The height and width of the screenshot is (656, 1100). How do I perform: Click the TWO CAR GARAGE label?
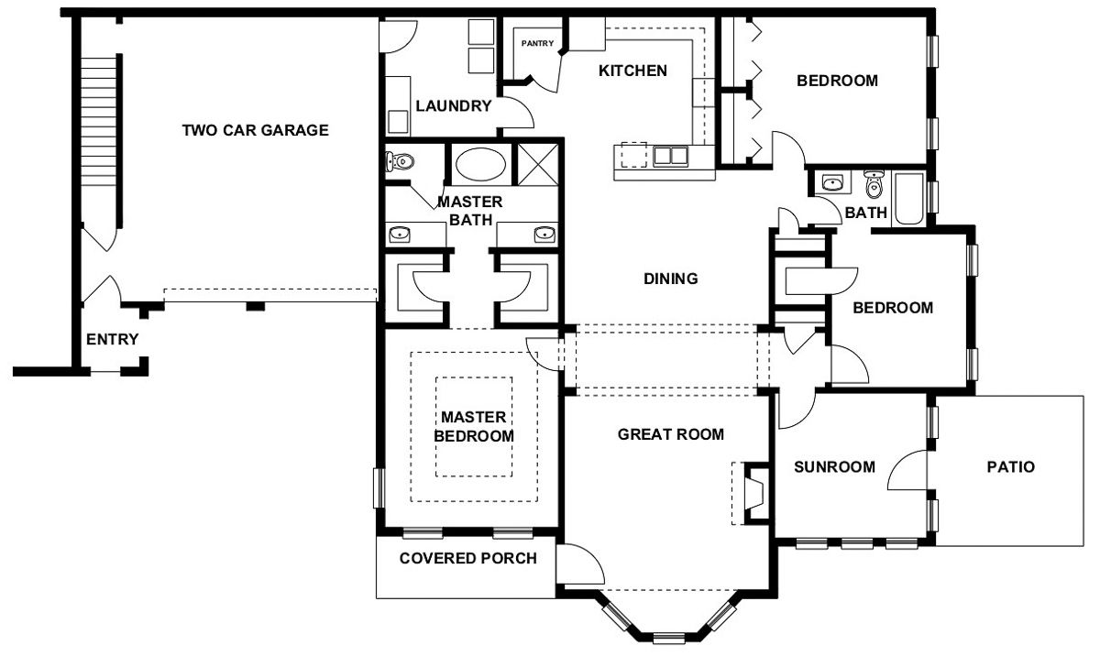[x=255, y=130]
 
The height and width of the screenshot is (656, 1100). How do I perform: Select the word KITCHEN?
[x=632, y=71]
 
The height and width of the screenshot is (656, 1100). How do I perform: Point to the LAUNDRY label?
[x=453, y=105]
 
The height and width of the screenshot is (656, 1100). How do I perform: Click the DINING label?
[x=670, y=279]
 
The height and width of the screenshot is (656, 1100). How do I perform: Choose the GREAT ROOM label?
[x=670, y=434]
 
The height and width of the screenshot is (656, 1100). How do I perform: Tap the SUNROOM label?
[x=833, y=467]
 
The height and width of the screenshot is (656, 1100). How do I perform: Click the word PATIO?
[x=1010, y=467]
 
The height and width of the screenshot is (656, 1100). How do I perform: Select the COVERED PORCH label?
[x=467, y=558]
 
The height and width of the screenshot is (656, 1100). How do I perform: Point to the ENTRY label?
[x=112, y=340]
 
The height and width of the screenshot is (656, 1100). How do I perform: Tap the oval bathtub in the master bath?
[x=479, y=166]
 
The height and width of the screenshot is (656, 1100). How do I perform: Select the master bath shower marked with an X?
[x=538, y=165]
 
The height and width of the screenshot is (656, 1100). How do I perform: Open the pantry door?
[x=549, y=73]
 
